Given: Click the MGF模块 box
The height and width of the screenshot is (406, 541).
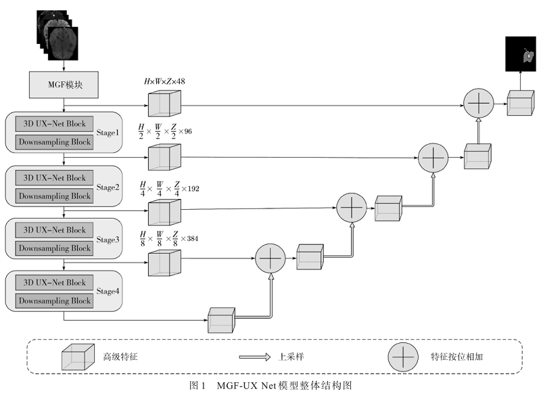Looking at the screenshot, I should (64, 85).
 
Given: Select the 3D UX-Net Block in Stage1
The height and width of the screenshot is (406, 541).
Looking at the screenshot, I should (55, 125).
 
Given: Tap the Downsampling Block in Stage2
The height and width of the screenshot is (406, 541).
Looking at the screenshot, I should (55, 196).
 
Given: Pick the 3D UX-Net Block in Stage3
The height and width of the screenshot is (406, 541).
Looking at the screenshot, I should (55, 231).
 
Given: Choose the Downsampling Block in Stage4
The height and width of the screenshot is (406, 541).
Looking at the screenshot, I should (55, 300).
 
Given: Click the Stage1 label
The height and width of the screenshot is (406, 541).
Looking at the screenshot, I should (107, 134).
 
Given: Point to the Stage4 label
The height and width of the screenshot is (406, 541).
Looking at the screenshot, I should (107, 292).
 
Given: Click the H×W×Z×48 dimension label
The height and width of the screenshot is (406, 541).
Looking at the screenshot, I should (164, 82).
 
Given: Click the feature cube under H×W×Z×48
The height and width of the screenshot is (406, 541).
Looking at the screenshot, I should (164, 104).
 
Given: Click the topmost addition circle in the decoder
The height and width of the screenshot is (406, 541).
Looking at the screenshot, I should (479, 105).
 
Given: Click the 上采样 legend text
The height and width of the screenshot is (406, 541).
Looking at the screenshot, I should (292, 356).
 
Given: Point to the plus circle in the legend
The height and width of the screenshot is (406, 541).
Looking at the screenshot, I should (403, 356).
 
